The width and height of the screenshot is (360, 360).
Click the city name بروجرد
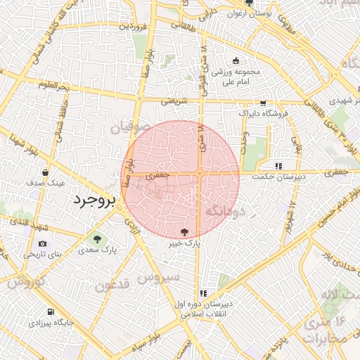point(93,200)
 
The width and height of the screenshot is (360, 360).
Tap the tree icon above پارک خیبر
point(185,231)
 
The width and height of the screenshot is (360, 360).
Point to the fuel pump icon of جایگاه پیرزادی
point(50,312)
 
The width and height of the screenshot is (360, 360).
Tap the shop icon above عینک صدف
point(46,172)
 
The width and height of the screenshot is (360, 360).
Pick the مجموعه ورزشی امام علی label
point(236,77)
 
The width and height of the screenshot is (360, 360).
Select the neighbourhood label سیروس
point(158,277)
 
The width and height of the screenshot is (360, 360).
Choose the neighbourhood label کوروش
point(27,283)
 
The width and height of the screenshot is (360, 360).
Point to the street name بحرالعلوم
point(53,86)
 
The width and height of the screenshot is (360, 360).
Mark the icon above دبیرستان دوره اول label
point(204,293)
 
